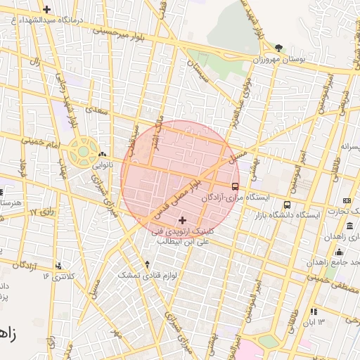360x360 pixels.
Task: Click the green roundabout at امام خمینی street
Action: tap(83, 151)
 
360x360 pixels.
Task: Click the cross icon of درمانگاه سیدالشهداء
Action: tap(46, 9)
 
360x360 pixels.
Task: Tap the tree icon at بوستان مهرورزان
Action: tap(280, 47)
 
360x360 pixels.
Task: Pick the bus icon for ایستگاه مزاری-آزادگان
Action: tap(235, 187)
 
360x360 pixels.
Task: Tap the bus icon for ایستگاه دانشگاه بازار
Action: tap(286, 205)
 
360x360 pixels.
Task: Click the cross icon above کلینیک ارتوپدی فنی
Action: tap(183, 220)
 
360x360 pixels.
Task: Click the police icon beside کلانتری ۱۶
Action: tap(58, 266)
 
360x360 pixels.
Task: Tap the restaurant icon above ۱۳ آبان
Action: tap(314, 311)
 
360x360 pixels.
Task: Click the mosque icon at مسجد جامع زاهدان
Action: tap(339, 252)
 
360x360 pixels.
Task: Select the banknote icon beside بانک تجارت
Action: tap(346, 201)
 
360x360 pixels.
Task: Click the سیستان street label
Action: tap(198, 69)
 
